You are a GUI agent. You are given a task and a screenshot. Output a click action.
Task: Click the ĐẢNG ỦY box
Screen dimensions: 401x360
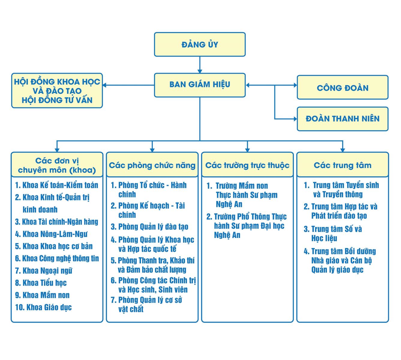point(200,44)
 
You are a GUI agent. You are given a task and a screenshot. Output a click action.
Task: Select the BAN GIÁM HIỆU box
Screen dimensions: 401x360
point(200,85)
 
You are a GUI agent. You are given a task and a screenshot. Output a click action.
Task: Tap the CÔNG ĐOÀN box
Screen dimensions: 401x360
point(343,87)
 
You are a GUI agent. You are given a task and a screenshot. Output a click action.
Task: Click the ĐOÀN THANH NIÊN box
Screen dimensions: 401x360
point(343,119)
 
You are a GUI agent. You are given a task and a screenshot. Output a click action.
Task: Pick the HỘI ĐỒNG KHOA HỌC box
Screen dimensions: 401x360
point(57,91)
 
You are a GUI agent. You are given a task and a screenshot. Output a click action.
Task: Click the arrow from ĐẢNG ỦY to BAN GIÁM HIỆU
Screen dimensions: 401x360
point(200,65)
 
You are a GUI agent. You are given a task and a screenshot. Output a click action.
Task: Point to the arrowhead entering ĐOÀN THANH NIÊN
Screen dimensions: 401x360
point(295,119)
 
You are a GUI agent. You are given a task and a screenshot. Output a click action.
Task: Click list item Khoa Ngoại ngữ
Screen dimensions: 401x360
point(43,271)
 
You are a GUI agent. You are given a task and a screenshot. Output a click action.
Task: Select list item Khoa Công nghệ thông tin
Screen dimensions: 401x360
point(57,258)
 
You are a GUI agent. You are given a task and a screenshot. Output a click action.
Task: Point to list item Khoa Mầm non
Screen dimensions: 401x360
point(42,295)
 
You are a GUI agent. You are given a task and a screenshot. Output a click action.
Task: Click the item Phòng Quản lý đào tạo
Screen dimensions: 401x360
point(149,227)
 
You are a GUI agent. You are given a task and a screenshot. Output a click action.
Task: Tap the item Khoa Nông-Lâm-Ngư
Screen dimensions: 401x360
point(51,234)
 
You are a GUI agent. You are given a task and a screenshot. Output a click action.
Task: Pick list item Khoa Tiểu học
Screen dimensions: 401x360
point(41,283)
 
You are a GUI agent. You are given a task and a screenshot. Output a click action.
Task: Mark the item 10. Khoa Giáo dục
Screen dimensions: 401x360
point(43,307)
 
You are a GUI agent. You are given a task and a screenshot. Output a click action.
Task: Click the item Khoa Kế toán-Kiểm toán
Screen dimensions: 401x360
point(57,185)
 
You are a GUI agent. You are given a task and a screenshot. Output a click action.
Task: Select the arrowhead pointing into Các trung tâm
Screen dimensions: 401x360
point(343,150)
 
